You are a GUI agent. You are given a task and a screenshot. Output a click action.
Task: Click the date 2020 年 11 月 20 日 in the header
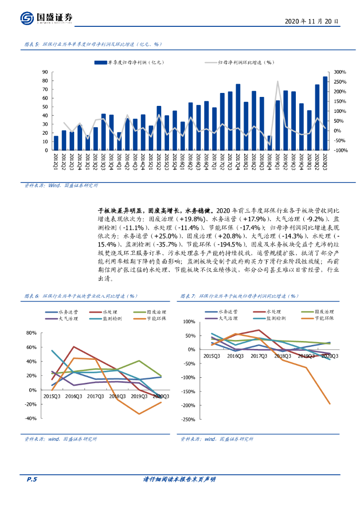pos(312,21)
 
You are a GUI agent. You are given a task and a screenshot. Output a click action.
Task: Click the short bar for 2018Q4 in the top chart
pos(270,143)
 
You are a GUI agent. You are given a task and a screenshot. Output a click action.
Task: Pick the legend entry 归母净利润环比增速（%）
pos(240,63)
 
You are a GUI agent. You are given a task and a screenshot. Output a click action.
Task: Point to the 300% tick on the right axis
pos(340,72)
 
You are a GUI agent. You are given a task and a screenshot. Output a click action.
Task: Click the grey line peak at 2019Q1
pos(277,82)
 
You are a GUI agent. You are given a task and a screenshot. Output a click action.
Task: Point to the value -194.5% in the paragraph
pos(232,245)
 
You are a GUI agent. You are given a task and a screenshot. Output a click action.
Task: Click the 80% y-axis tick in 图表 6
pos(31,333)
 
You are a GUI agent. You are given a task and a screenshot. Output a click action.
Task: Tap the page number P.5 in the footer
pos(31,479)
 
